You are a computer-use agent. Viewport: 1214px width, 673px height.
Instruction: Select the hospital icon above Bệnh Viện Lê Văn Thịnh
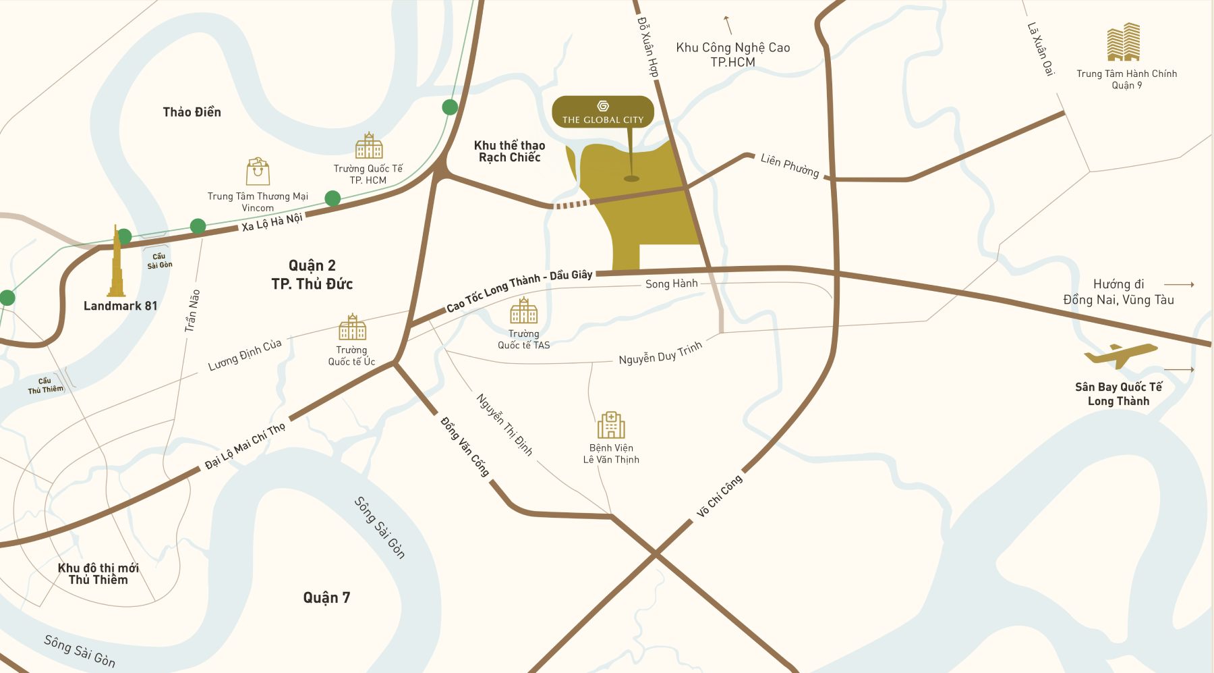pos(611,425)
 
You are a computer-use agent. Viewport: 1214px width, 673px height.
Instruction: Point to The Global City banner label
pos(603,112)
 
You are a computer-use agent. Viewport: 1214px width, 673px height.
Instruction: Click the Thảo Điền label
pos(192,112)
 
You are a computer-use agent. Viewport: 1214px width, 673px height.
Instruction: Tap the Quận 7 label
pos(326,597)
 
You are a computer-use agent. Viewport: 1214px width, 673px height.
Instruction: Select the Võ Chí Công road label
pos(719,495)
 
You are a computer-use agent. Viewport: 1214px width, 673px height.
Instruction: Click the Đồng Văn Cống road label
pos(465,446)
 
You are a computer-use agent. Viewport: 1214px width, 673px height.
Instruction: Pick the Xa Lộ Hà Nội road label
pos(272,222)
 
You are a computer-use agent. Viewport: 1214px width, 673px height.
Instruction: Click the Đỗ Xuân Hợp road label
pos(647,47)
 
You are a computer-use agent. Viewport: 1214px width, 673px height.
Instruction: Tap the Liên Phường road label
pos(790,165)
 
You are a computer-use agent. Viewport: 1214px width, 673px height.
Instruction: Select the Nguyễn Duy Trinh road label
pos(660,353)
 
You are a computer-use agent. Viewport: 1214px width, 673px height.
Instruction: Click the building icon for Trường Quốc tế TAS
pos(524,311)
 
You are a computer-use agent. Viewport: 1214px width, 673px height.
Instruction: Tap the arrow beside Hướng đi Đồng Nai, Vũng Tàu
pos(1179,284)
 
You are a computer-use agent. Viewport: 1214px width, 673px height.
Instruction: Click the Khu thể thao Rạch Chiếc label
pos(509,151)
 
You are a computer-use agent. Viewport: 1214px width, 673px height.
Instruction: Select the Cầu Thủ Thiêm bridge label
pos(45,385)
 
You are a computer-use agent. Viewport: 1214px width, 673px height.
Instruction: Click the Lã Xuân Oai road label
pos(1040,49)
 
